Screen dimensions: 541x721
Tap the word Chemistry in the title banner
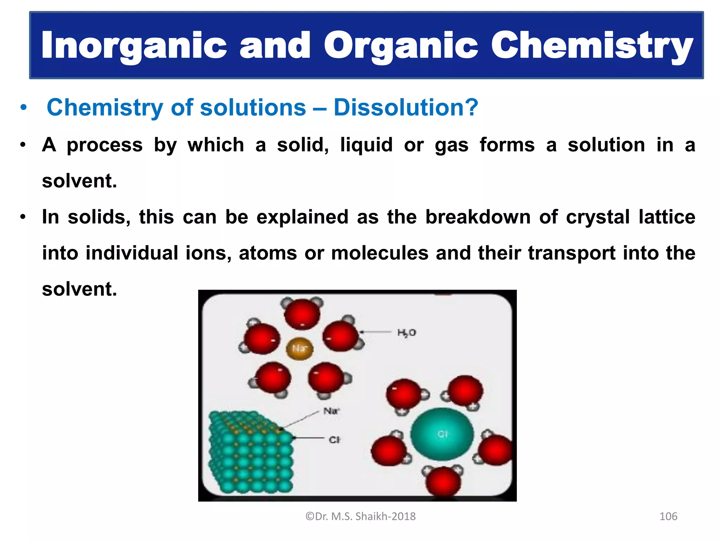(591, 46)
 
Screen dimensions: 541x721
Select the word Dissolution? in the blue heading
(406, 107)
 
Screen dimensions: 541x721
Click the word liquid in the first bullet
(366, 145)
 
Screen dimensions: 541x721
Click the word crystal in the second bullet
(597, 217)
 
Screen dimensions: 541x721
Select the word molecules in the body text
(380, 253)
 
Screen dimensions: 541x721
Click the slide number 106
(668, 516)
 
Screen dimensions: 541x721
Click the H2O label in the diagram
(406, 332)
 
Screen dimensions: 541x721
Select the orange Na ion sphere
(299, 349)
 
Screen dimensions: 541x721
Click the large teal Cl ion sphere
(442, 434)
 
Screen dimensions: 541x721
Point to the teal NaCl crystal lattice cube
(251, 454)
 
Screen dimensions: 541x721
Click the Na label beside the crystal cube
(331, 411)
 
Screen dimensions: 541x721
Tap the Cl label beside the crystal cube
(334, 440)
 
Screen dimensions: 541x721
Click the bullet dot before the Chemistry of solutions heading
(23, 108)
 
